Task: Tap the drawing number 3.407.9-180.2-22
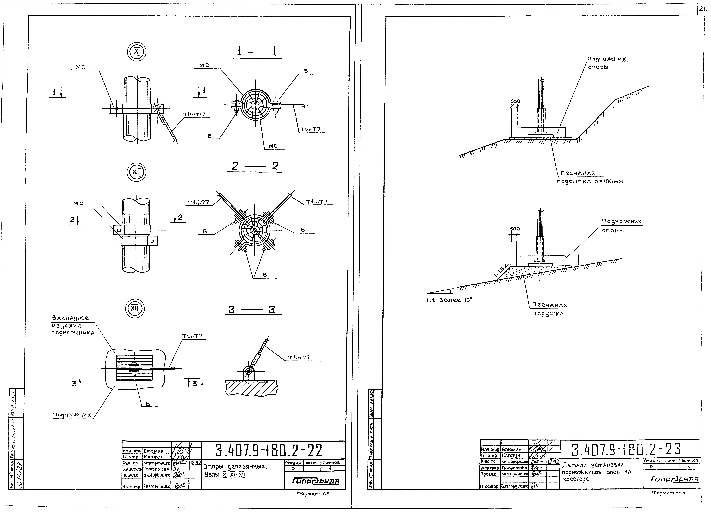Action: tap(269, 451)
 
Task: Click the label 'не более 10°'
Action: tap(449, 300)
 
